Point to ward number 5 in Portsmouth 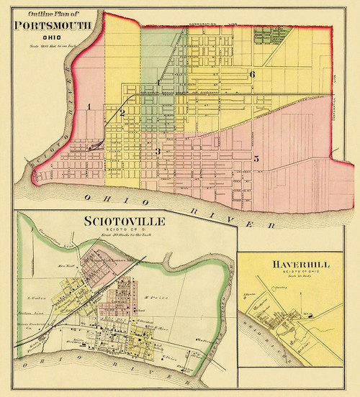coord(256,159)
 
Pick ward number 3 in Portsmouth coord(157,151)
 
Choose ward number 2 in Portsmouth coord(122,113)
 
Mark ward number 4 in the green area coord(158,82)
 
